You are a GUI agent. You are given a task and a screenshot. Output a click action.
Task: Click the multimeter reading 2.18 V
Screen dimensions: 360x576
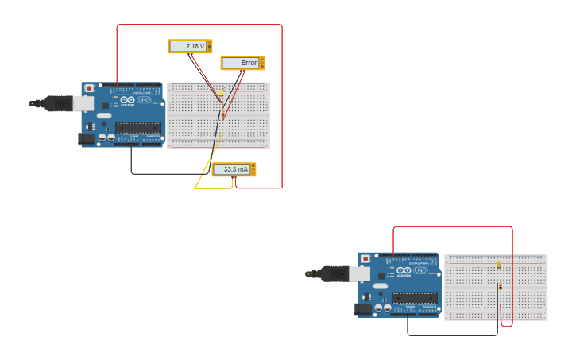[x=191, y=46]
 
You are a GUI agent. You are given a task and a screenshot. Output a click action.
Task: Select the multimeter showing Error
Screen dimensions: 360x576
[x=242, y=63]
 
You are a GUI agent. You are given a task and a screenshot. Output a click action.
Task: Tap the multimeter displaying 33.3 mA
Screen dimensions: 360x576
[x=234, y=169]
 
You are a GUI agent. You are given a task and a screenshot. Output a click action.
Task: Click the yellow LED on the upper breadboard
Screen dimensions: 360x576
[x=221, y=93]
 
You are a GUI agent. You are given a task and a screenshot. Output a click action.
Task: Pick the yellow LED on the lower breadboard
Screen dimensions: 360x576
[x=498, y=265]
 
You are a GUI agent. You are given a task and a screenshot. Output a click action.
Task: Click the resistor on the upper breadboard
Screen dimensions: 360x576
[x=223, y=114]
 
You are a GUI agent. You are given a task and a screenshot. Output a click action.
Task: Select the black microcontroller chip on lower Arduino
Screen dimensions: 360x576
[x=413, y=298]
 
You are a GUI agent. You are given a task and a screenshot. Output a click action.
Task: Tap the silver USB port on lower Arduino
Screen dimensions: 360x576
[x=361, y=274]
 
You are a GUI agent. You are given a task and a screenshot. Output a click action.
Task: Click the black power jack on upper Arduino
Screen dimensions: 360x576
[x=87, y=138]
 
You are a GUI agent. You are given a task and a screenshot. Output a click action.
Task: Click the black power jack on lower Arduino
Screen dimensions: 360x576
[x=363, y=309]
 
